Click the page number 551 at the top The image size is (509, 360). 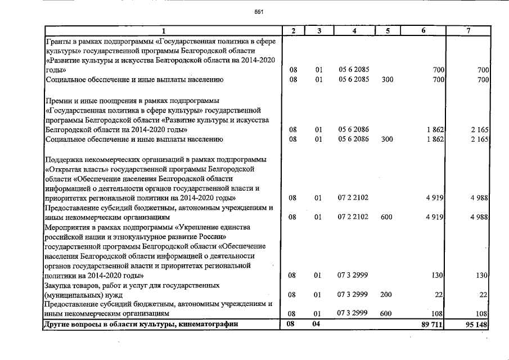(259, 11)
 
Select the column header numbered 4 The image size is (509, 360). (354, 30)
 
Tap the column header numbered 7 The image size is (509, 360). (467, 30)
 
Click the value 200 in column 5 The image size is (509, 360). (386, 294)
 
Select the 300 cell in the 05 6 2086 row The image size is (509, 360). (386, 139)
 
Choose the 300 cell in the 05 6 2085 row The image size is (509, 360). (386, 80)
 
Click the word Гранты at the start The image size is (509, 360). (58, 40)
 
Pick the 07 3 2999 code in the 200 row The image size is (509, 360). (353, 294)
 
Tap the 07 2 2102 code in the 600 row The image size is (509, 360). (353, 217)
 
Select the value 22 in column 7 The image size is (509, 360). (482, 295)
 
